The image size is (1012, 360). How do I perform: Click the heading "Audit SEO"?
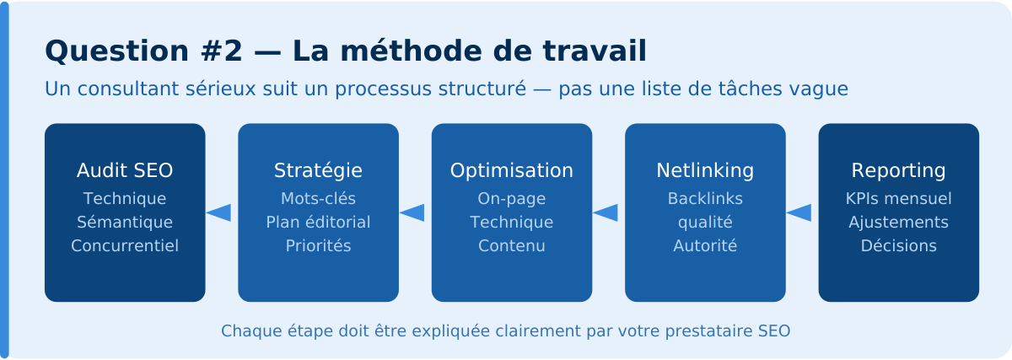[x=125, y=170]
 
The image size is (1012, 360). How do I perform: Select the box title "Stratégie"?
[x=318, y=170]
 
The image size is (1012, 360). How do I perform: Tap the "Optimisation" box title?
[x=512, y=170]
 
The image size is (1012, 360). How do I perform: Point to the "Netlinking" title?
[x=705, y=170]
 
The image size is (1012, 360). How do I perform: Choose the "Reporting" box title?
[x=898, y=170]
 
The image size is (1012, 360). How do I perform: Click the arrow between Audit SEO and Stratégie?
[x=218, y=212]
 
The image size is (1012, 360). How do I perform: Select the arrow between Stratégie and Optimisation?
[x=412, y=212]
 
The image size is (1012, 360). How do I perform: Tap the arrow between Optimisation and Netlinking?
[x=606, y=212]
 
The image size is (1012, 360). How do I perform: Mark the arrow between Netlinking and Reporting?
[x=799, y=212]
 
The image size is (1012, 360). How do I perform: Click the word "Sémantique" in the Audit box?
[x=125, y=223]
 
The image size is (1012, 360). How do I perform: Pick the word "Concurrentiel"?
[x=125, y=246]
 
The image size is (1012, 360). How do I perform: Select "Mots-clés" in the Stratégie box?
[x=318, y=199]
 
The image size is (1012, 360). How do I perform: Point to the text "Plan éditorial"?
[x=318, y=223]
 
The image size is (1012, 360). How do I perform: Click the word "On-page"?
[x=512, y=199]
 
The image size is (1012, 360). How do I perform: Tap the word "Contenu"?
[x=512, y=246]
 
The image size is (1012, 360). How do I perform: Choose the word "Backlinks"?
[x=705, y=199]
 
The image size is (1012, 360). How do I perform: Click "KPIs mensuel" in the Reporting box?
[x=898, y=199]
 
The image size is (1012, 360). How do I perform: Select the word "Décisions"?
[x=898, y=246]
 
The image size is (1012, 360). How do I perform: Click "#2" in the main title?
[x=222, y=51]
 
